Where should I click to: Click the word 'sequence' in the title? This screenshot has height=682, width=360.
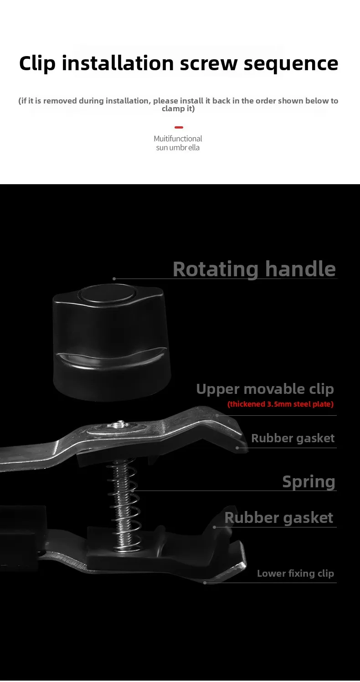(291, 64)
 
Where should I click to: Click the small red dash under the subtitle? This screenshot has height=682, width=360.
(179, 127)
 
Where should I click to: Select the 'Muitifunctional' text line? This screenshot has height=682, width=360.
(178, 139)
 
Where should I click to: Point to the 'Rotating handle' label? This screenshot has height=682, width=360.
(254, 269)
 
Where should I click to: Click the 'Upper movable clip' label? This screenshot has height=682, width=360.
(265, 389)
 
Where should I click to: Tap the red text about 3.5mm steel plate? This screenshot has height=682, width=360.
(281, 404)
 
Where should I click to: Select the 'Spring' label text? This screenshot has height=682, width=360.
(309, 482)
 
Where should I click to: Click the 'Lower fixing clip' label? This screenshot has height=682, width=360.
(295, 573)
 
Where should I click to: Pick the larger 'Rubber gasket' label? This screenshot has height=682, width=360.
(279, 517)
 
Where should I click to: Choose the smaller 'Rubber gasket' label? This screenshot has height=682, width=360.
(293, 438)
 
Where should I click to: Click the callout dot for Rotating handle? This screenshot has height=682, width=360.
(114, 279)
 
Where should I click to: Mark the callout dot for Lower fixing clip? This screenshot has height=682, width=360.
(205, 583)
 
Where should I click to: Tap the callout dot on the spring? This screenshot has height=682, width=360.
(132, 491)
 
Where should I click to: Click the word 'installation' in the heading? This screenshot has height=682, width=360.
(118, 64)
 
